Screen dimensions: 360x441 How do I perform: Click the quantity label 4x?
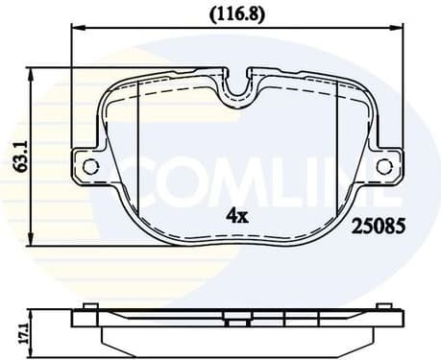(x=236, y=216)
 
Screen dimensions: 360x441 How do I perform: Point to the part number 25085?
(x=380, y=228)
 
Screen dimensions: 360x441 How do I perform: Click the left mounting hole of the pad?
(x=90, y=167)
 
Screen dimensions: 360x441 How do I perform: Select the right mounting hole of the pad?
(x=383, y=167)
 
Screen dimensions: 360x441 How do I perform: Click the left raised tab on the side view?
(x=88, y=306)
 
